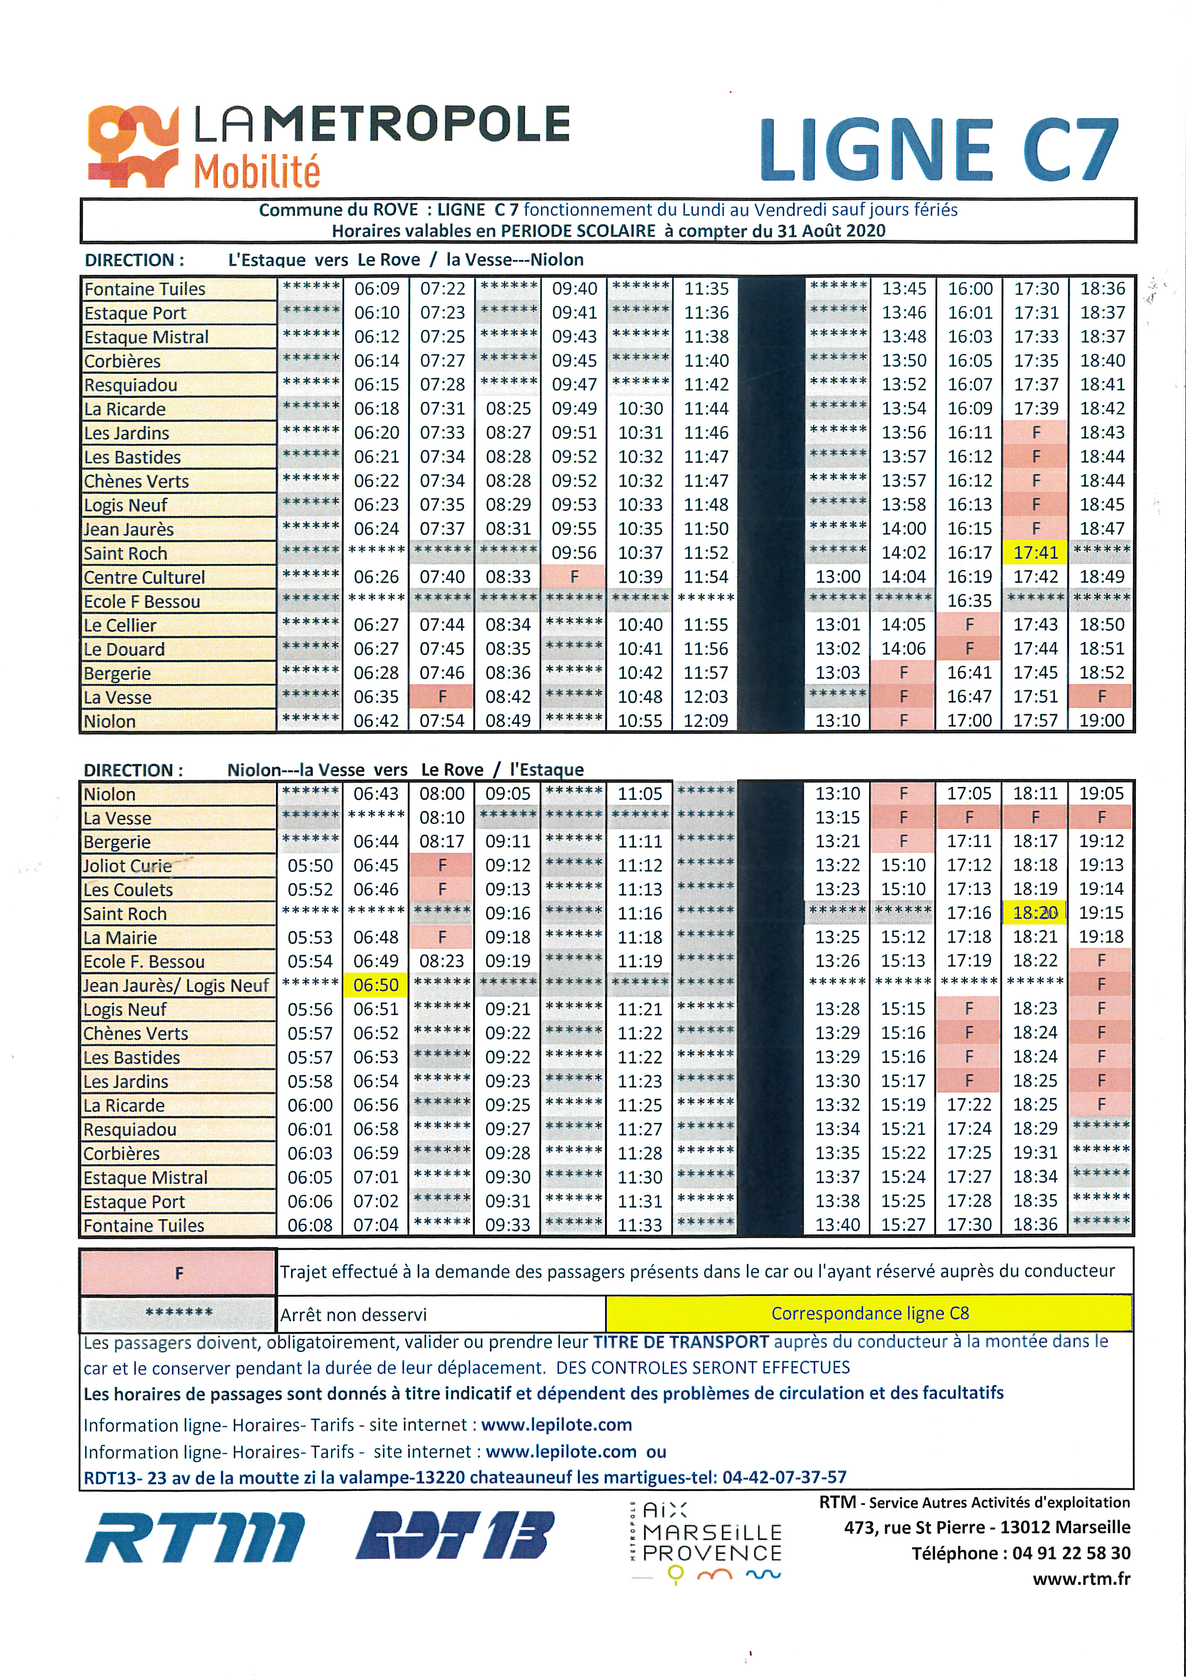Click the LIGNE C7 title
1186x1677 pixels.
pyautogui.click(x=939, y=151)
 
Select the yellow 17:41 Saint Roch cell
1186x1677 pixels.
pyautogui.click(x=1035, y=553)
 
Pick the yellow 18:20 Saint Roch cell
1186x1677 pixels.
pyautogui.click(x=1035, y=913)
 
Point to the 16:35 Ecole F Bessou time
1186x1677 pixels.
pyautogui.click(x=970, y=601)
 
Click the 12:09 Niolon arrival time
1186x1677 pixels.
pyautogui.click(x=706, y=721)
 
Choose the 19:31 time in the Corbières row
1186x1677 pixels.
pyautogui.click(x=1035, y=1154)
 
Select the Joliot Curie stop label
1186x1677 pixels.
pyautogui.click(x=127, y=866)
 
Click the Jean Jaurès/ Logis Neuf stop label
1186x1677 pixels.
pyautogui.click(x=176, y=986)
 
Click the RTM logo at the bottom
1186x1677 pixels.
pyautogui.click(x=194, y=1537)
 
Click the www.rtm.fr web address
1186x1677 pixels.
pyautogui.click(x=1081, y=1579)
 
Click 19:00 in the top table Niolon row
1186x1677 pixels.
pyautogui.click(x=1101, y=721)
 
